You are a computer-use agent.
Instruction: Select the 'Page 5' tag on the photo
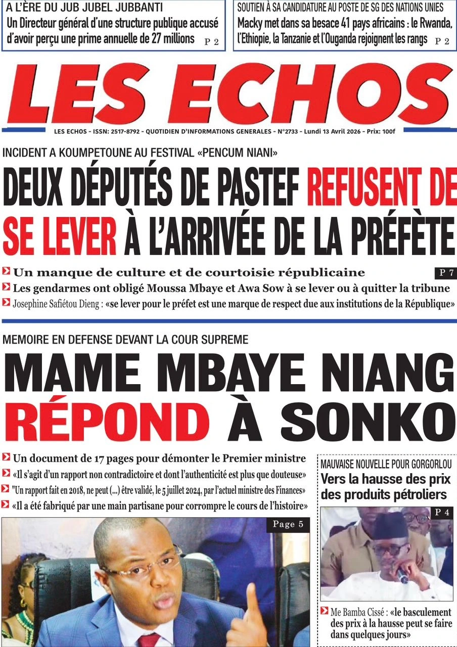288,525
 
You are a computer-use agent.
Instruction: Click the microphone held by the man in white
402,576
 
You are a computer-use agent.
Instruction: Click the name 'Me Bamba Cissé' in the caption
358,612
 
